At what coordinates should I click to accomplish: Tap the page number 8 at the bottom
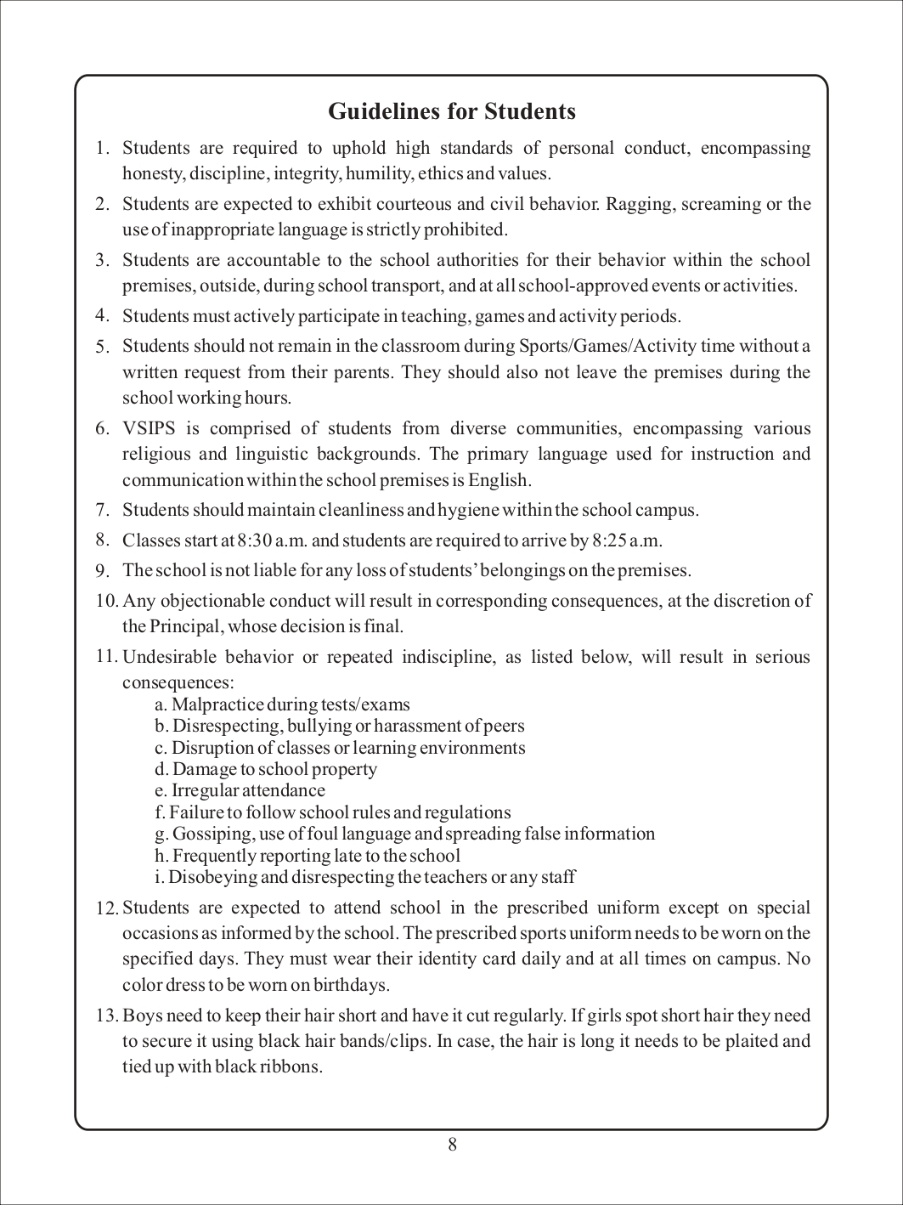pos(452,1145)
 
